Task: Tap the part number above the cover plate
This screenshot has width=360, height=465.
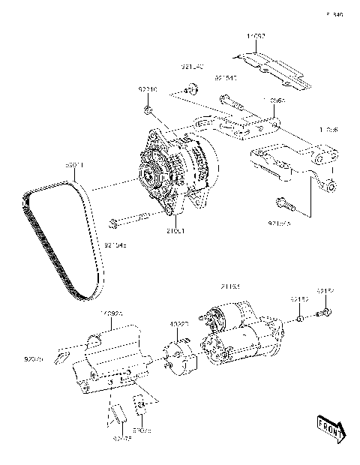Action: tap(258, 35)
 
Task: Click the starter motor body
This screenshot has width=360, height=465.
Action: tap(244, 337)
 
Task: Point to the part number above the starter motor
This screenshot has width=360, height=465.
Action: tap(229, 287)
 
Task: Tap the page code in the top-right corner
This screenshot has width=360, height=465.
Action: tap(335, 13)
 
